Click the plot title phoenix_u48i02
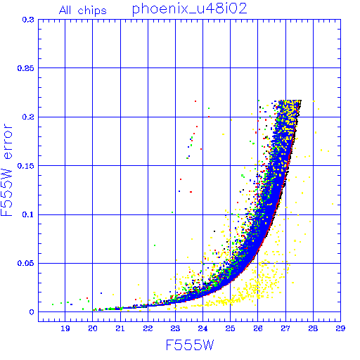click(190, 9)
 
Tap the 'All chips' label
click(83, 11)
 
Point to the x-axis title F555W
click(190, 345)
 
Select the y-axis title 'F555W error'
click(7, 169)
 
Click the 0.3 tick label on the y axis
click(28, 20)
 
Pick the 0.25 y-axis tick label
click(26, 68)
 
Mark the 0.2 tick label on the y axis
click(28, 117)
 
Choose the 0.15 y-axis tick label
click(26, 166)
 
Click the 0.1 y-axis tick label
click(28, 214)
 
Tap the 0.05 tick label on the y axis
click(26, 263)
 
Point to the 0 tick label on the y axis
click(32, 312)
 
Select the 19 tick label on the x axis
click(65, 328)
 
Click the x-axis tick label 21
click(120, 328)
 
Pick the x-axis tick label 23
click(175, 328)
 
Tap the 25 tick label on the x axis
click(231, 328)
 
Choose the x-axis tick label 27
click(285, 328)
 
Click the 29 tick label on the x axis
click(340, 328)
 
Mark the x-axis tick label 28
click(313, 328)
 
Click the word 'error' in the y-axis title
click(8, 141)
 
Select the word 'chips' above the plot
click(92, 11)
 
